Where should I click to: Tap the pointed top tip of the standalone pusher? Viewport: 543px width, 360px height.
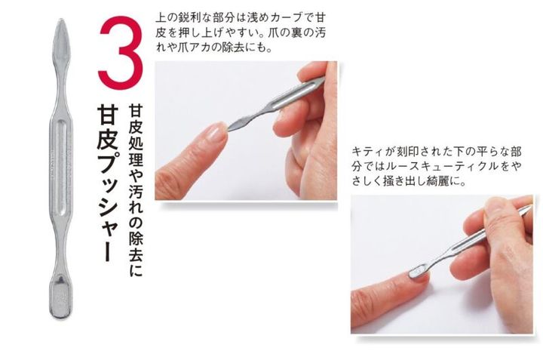[x=62, y=20]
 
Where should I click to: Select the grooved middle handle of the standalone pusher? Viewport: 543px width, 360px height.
[x=61, y=165]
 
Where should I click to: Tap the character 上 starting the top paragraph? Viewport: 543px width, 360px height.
[x=161, y=17]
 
